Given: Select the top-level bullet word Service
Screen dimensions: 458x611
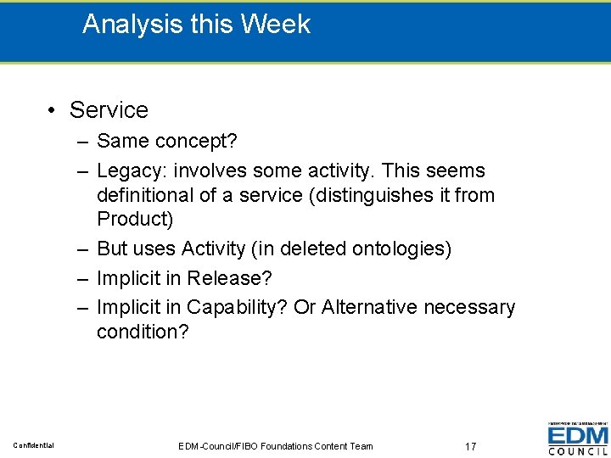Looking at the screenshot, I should coord(109,110).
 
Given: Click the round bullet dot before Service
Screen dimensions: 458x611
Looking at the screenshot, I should coord(53,110).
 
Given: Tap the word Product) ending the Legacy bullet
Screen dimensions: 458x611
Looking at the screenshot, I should coord(135,219).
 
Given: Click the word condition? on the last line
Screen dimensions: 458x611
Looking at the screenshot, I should coord(143,332).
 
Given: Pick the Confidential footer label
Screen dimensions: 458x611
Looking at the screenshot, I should coord(33,445).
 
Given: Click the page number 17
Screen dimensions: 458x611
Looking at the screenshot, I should coord(471,445).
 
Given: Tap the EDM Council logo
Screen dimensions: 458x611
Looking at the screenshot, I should coord(578,438).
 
